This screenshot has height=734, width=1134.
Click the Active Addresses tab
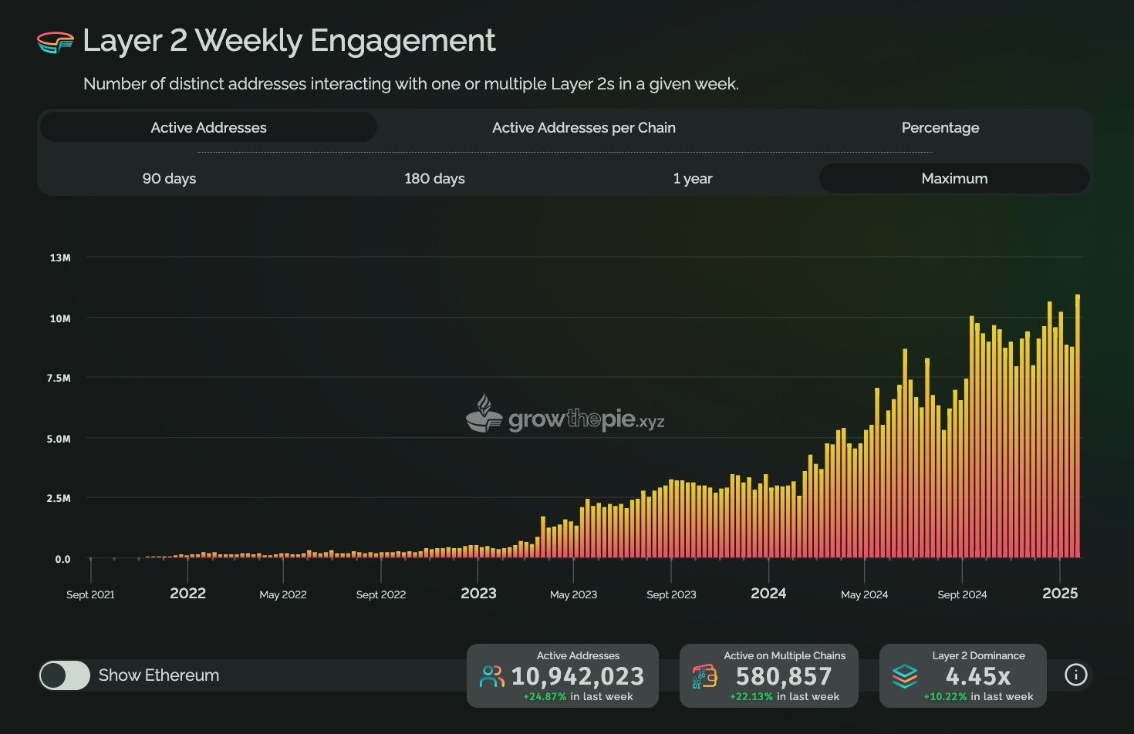click(208, 127)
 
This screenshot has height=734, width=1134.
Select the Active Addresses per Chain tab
click(583, 127)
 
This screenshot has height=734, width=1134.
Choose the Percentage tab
click(940, 127)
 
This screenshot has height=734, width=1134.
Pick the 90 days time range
click(169, 178)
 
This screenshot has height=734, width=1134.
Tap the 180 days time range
click(434, 178)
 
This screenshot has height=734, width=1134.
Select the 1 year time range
click(692, 178)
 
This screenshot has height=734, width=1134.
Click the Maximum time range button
click(954, 178)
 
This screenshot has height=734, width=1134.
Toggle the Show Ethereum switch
click(65, 675)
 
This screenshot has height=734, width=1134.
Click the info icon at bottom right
click(1075, 675)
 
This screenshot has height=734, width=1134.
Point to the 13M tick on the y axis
click(60, 258)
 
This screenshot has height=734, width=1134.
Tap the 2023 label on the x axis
click(478, 593)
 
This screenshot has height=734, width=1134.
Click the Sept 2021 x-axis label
click(90, 594)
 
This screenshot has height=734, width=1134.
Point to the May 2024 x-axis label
click(864, 594)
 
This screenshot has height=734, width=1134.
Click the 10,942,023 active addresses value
click(577, 676)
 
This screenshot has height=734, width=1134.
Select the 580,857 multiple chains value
click(784, 676)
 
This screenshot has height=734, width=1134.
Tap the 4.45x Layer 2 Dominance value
click(978, 676)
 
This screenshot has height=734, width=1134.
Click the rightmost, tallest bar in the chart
click(1078, 424)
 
